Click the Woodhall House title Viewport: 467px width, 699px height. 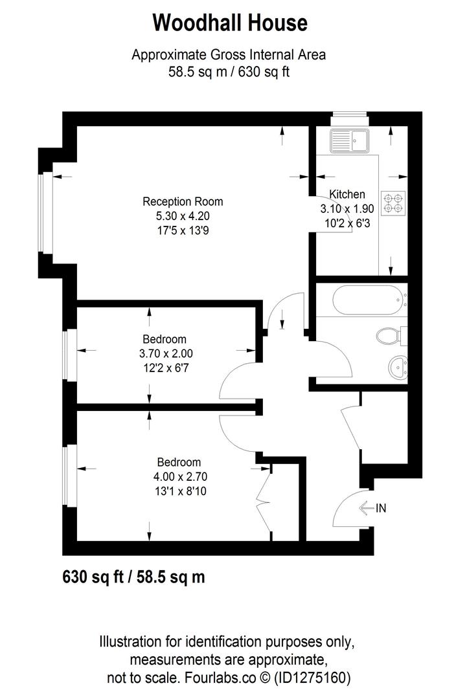(x=230, y=23)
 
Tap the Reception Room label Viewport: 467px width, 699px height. (x=183, y=202)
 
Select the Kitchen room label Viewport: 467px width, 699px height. (x=347, y=194)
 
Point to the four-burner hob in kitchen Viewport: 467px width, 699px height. (x=393, y=203)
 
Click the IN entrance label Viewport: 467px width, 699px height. (x=381, y=508)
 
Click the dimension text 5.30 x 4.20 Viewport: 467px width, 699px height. (x=183, y=216)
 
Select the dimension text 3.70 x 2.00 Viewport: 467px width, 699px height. (x=166, y=354)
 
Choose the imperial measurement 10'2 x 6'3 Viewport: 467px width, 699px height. (x=347, y=223)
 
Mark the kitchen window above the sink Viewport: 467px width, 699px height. (x=349, y=118)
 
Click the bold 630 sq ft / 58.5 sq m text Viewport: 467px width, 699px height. (x=133, y=576)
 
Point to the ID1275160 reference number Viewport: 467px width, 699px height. (x=314, y=678)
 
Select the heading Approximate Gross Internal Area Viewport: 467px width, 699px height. (x=229, y=55)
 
